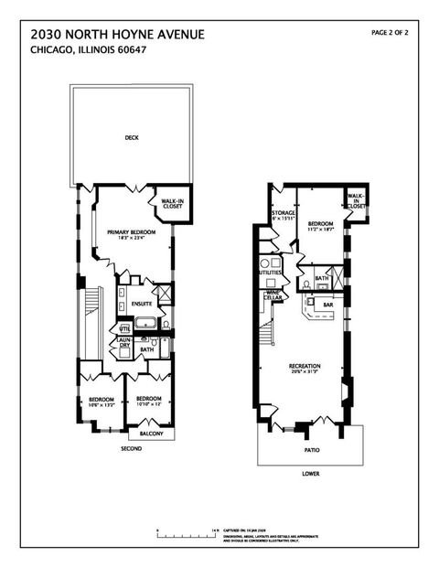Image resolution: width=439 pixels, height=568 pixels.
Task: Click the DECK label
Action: tap(132, 139)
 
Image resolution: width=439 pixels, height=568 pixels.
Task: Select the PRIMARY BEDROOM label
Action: tap(131, 233)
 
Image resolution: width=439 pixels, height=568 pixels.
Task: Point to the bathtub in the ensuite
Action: tap(145, 323)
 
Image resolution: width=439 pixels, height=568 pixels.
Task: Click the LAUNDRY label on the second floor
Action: tap(123, 345)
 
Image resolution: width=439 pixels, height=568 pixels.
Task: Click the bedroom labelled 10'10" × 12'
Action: tap(148, 401)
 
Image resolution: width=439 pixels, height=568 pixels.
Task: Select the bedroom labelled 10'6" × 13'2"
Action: tap(101, 401)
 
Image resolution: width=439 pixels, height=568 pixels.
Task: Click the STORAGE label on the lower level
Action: tap(283, 214)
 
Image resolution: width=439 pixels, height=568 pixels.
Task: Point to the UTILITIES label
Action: tap(270, 273)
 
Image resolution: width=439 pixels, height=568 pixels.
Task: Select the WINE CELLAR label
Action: tap(273, 295)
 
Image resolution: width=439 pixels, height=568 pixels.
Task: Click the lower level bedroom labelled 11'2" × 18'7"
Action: tap(320, 225)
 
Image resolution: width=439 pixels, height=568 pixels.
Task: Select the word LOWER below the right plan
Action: tap(308, 474)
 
